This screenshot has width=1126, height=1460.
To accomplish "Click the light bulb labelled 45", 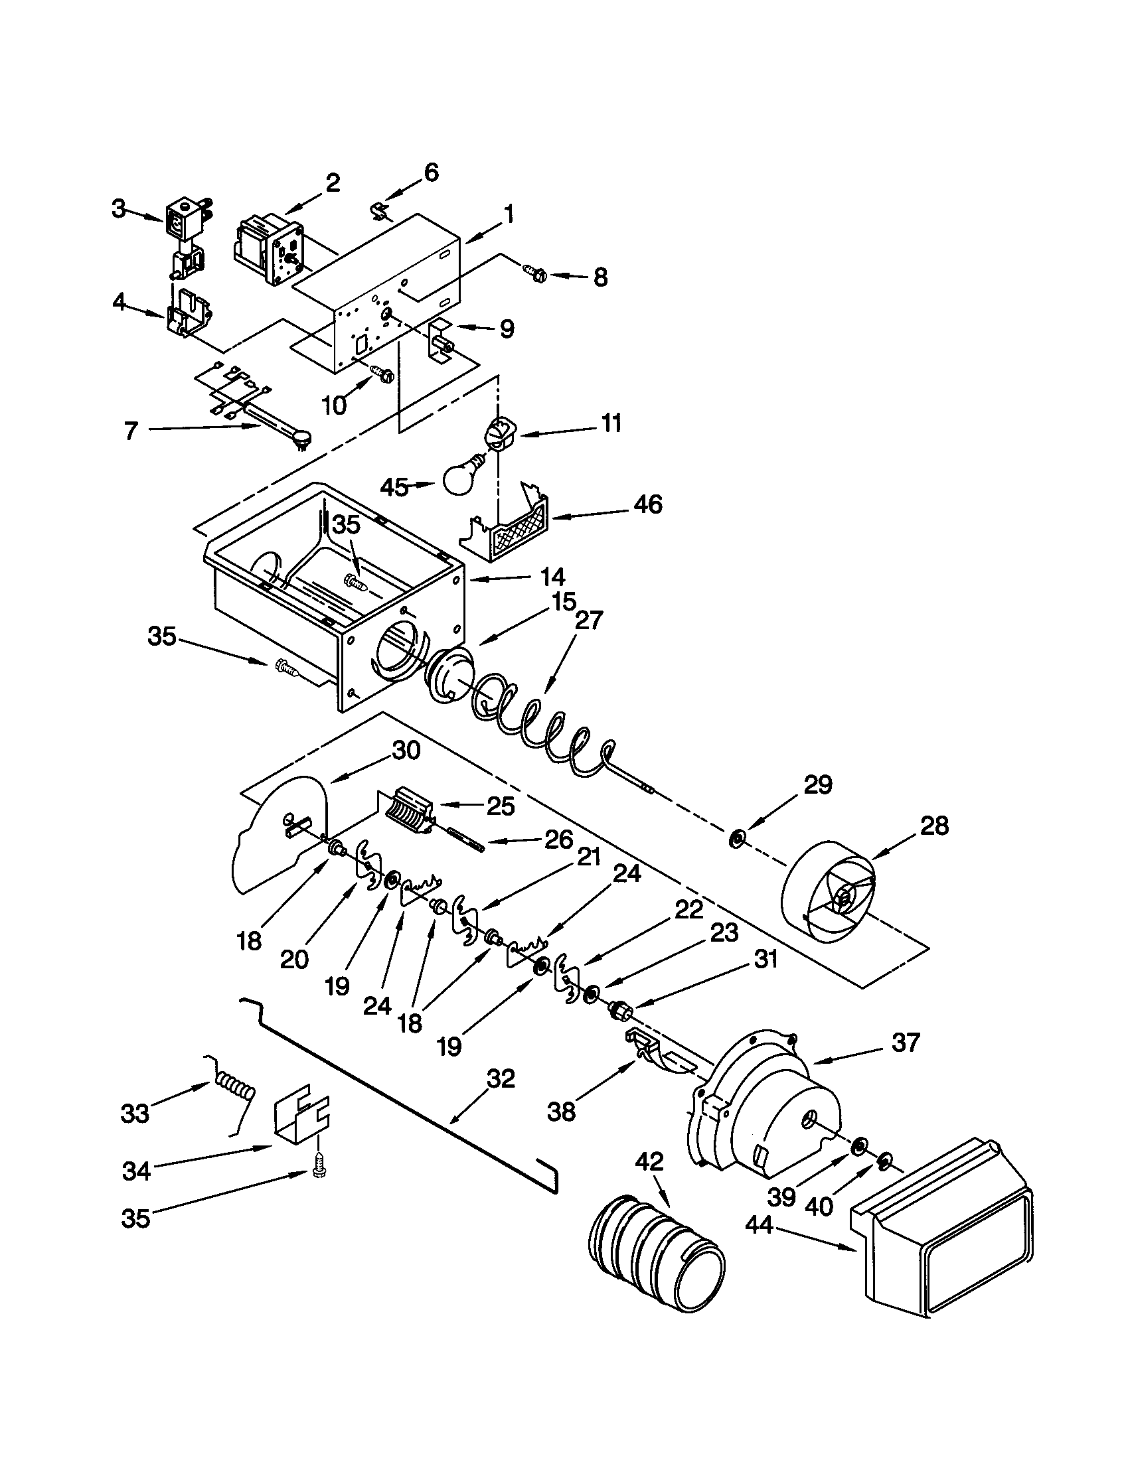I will (461, 476).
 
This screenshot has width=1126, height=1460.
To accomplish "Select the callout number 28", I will (933, 826).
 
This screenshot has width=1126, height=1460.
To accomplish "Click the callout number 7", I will (130, 431).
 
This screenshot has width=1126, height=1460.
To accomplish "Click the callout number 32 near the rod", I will (500, 1078).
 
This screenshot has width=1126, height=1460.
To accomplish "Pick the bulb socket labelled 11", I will (497, 433).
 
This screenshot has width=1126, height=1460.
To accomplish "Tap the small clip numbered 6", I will (380, 212).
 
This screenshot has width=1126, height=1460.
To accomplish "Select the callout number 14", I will (552, 576).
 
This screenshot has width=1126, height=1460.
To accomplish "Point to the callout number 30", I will (405, 751).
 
